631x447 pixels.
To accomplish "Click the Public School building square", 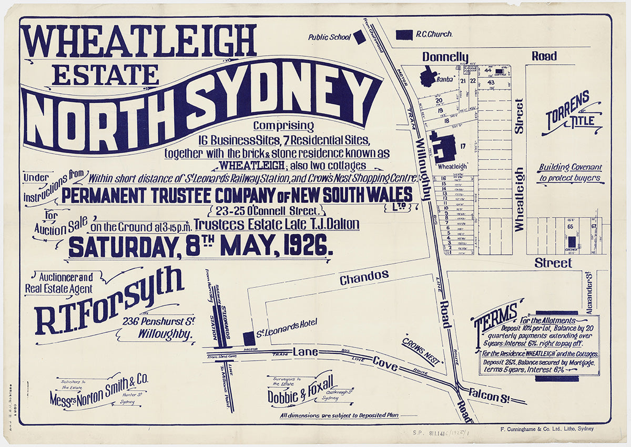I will pos(359,37).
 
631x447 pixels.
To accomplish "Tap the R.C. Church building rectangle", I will pos(404,34).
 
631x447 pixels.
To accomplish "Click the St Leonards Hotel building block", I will pos(249,339).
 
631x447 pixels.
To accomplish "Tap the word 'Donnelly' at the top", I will pos(445,56).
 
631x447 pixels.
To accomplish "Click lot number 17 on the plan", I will pos(463,146).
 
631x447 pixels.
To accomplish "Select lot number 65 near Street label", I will pos(569,226).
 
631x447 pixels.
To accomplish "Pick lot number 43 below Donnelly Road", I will pos(491,82).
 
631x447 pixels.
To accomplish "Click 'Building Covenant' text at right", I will pos(570,167).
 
